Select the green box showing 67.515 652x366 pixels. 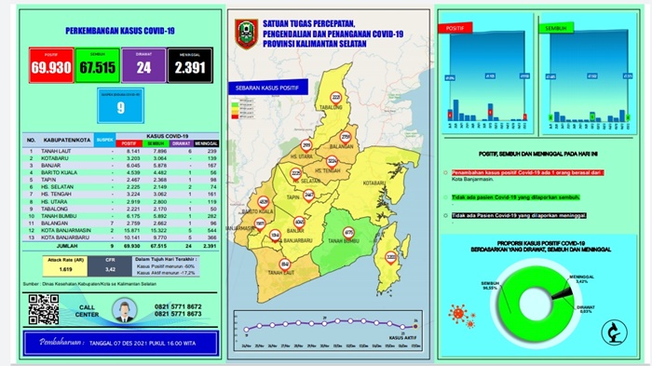click(96, 67)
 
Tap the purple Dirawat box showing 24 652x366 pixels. click(143, 67)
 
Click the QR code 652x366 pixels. click(44, 308)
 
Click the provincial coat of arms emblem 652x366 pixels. click(246, 34)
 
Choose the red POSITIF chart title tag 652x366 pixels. click(458, 27)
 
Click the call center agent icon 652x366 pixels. click(121, 310)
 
